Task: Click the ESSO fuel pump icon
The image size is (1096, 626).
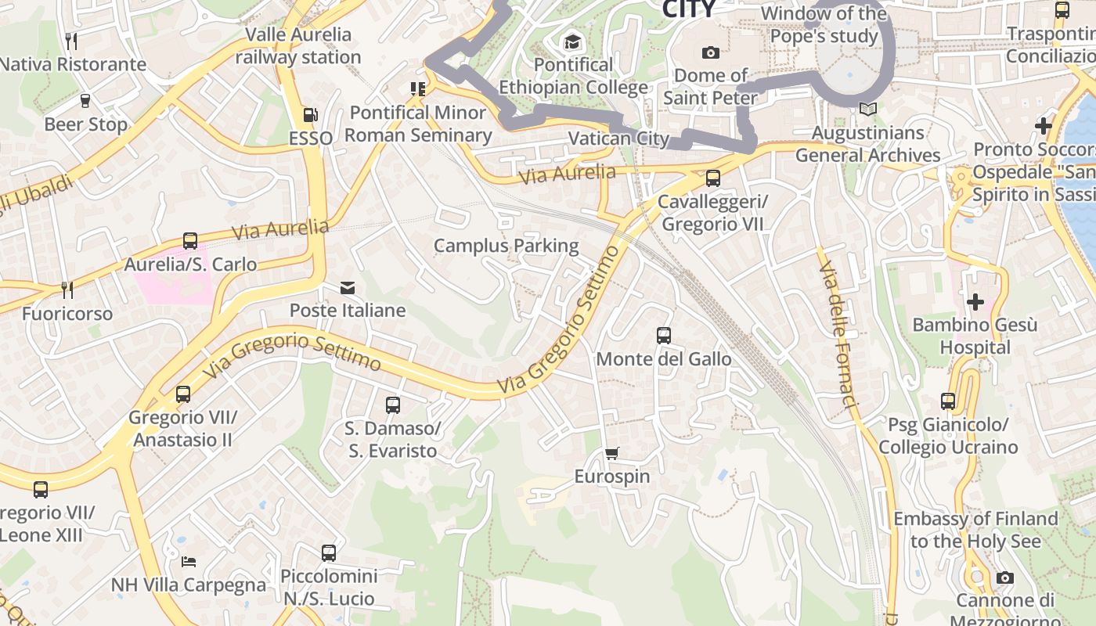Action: [310, 115]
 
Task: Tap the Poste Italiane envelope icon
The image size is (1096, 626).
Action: [348, 288]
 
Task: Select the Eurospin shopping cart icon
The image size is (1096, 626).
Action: [612, 454]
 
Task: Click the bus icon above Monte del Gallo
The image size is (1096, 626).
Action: [664, 336]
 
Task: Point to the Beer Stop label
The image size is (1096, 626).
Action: [85, 124]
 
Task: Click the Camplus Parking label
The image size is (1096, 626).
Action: [507, 246]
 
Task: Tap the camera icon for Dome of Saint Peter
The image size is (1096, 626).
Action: [711, 52]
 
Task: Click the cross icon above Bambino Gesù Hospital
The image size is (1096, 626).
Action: [975, 301]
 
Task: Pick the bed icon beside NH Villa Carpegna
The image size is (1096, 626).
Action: [189, 561]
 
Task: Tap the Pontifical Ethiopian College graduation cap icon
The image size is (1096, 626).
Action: [573, 41]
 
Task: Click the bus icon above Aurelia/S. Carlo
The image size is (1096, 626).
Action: [190, 241]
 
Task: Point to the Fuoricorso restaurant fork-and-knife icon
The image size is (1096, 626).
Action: [67, 290]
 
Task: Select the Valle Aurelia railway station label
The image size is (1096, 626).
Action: [298, 46]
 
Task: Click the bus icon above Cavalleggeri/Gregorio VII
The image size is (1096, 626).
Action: [712, 178]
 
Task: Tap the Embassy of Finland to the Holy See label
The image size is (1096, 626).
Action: [975, 530]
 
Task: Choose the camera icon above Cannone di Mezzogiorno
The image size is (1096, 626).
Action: [1005, 578]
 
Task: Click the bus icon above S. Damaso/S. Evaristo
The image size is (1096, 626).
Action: [393, 405]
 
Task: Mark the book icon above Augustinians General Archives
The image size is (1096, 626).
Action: [867, 110]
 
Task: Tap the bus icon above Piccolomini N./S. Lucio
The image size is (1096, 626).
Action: [329, 553]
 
